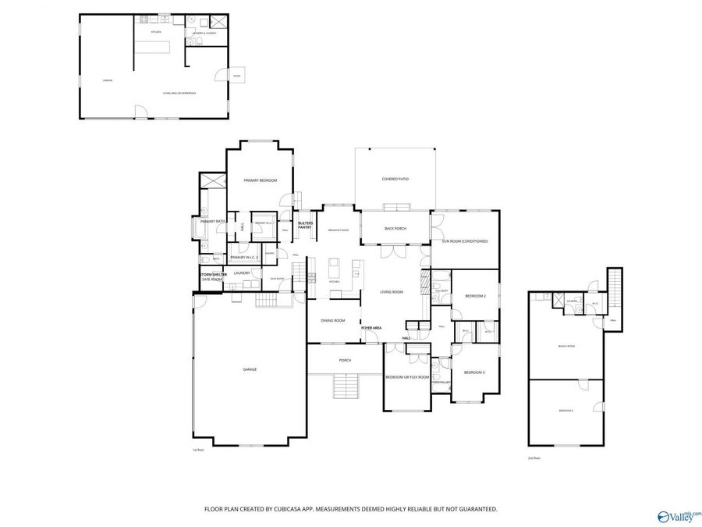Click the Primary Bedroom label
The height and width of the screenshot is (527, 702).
click(260, 180)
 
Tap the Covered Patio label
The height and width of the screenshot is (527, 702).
click(395, 179)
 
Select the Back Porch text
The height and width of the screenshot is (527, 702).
click(395, 229)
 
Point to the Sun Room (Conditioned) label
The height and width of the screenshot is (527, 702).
click(465, 241)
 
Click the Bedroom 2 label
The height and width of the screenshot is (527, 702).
click(475, 296)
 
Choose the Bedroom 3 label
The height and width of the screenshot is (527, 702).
click(474, 372)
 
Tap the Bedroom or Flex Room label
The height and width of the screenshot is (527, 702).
click(407, 377)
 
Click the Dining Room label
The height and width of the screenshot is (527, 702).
click(333, 320)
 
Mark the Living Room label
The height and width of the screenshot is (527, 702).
click(391, 292)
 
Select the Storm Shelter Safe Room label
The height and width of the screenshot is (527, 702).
click(211, 276)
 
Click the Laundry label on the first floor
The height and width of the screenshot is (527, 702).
click(242, 272)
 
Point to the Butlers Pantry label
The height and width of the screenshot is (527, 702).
click(305, 225)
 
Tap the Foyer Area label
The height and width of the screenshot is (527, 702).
click(371, 328)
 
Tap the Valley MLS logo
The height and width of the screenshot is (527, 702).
click(679, 516)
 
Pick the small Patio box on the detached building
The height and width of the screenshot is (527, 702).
click(236, 75)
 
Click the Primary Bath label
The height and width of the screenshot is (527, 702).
click(212, 222)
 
